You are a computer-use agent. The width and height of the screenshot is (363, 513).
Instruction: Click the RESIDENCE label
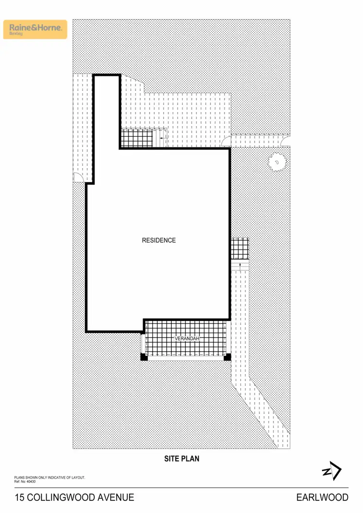[159, 240]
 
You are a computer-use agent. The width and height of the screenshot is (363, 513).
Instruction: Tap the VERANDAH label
[187, 338]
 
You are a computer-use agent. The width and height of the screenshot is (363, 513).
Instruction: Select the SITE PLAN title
[181, 459]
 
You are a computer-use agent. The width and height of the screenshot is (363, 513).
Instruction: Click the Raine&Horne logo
[35, 29]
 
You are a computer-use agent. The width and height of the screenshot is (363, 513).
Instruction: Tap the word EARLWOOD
[322, 498]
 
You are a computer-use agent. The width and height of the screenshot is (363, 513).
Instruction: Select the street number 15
[19, 498]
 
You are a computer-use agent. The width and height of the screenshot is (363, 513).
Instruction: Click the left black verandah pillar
[144, 357]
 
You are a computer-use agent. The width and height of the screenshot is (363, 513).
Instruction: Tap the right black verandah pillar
[227, 357]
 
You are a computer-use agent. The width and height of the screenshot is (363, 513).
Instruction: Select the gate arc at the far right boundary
[286, 141]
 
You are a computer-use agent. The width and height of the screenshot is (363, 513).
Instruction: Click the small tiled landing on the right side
[240, 249]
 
